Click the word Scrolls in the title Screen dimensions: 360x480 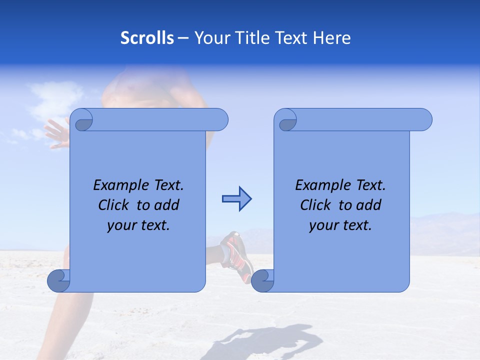tap(147, 38)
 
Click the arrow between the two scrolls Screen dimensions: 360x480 tap(236, 199)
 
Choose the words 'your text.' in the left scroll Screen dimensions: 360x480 tap(138, 225)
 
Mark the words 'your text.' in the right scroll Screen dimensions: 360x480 tap(340, 225)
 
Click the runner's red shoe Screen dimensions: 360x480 tap(239, 255)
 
